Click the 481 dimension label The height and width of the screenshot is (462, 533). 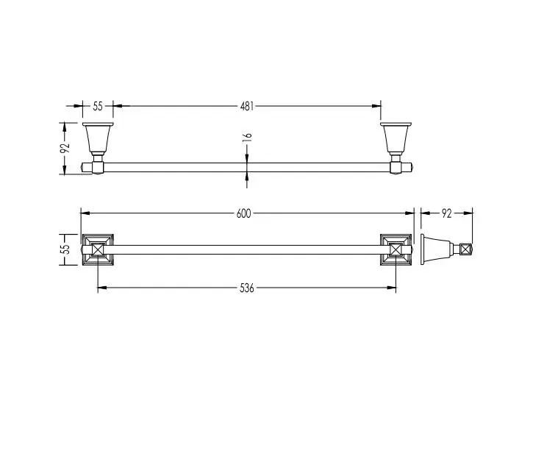tap(247, 106)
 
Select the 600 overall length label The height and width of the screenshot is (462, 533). tap(244, 213)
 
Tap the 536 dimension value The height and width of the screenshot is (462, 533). tap(247, 288)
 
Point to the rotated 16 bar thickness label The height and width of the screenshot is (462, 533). tap(248, 137)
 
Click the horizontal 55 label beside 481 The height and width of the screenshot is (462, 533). tap(98, 106)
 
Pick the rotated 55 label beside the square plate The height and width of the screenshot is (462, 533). tap(65, 249)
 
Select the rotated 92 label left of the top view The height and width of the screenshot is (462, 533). tap(65, 148)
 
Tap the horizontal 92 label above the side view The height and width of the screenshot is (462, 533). tap(447, 213)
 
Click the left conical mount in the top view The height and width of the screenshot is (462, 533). tap(98, 139)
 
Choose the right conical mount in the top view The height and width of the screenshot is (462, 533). tap(396, 139)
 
